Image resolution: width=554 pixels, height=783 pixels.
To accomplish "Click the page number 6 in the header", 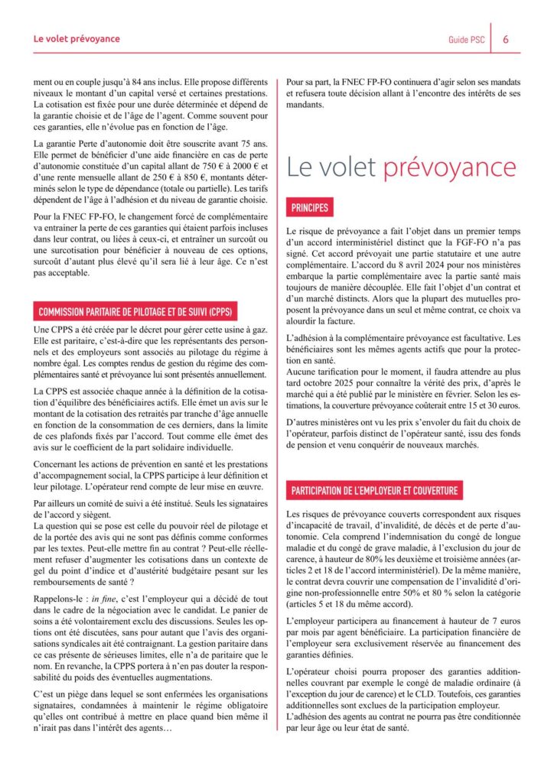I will coord(507,40).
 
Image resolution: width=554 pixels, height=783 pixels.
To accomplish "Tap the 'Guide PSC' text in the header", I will coord(465,40).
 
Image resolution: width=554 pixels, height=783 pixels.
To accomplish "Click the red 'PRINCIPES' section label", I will coord(310,207).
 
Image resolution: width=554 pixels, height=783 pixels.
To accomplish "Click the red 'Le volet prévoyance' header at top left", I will coord(77,38).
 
